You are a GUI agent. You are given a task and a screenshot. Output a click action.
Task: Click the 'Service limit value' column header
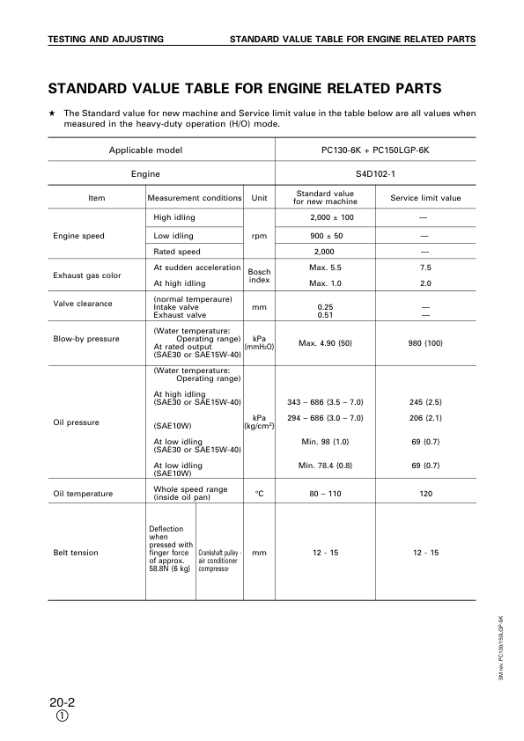[x=425, y=198]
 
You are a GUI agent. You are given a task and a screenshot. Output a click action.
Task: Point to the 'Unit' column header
[x=259, y=198]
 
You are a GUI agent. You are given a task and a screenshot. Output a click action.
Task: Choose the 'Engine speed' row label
[x=79, y=236]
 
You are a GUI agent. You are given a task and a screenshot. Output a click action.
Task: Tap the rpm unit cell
[x=259, y=236]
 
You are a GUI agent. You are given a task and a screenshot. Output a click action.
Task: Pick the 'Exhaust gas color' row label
[x=85, y=275]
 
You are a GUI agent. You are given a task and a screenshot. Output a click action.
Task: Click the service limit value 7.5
[x=425, y=268]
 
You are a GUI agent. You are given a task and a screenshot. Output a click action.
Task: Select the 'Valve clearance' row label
[x=83, y=304]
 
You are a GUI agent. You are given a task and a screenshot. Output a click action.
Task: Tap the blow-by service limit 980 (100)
[x=425, y=342]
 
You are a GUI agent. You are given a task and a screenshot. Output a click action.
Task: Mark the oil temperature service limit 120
[x=425, y=494]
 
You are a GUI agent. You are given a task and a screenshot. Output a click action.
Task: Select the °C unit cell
[x=259, y=494]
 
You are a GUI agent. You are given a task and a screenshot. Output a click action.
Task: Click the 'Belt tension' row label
[x=76, y=553]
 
